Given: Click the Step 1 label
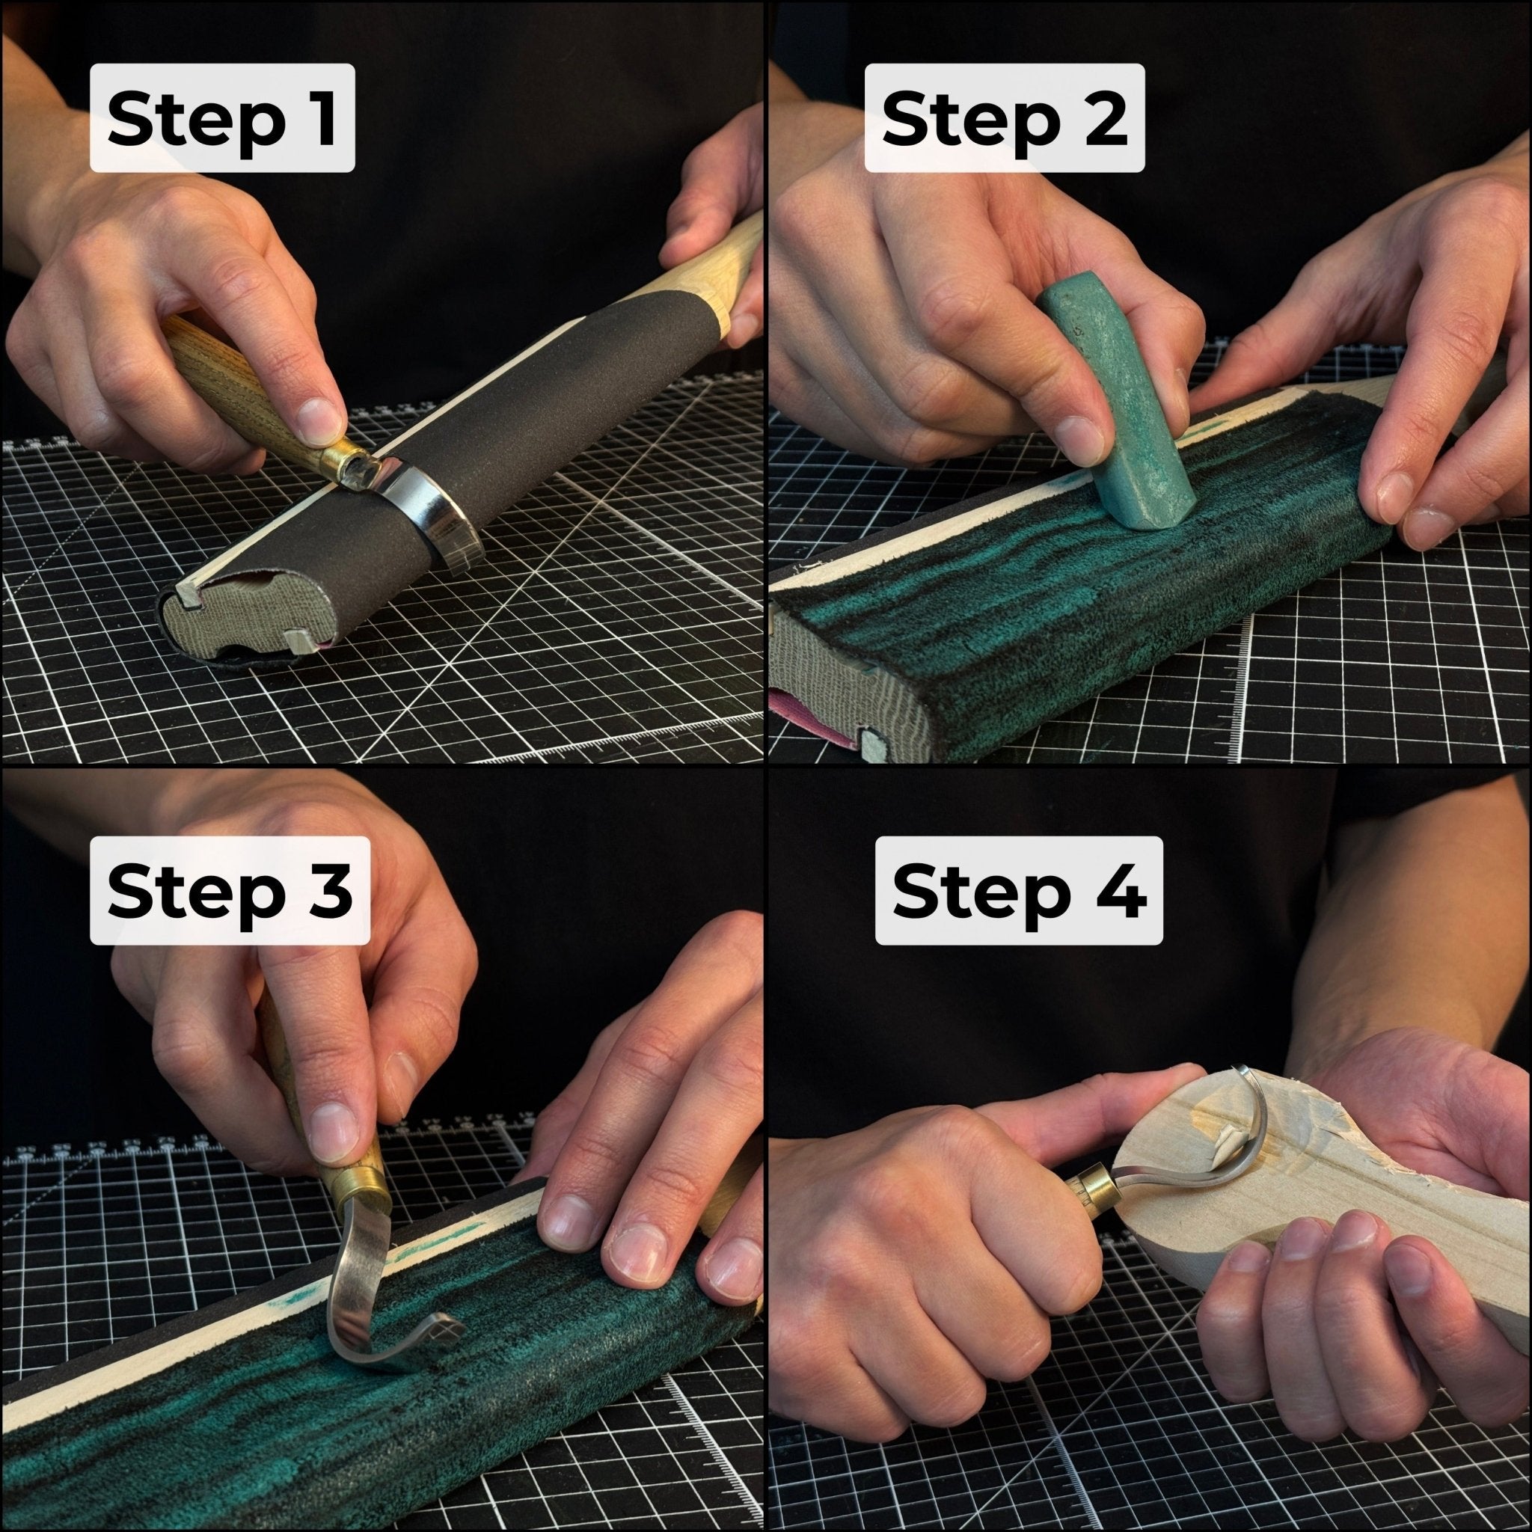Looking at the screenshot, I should (222, 118).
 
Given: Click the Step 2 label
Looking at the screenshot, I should (1004, 118).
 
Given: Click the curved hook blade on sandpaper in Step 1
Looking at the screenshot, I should (428, 515).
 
